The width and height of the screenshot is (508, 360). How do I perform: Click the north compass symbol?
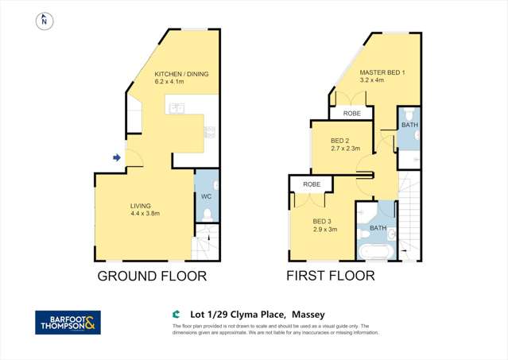click(x=45, y=21)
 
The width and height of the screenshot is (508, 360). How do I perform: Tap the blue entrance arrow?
click(x=117, y=158)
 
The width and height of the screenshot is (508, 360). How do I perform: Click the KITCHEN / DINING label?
click(x=182, y=74)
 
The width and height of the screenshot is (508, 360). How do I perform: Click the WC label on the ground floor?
click(x=205, y=195)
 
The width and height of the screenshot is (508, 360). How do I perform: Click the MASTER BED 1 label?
click(x=382, y=72)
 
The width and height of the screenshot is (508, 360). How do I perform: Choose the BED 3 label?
click(x=322, y=221)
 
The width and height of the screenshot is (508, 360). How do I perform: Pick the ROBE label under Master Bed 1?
click(x=351, y=114)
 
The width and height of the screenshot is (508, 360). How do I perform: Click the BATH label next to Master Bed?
click(x=409, y=125)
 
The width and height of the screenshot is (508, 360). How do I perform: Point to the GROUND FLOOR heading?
click(x=152, y=277)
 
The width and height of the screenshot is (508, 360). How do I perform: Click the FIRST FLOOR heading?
click(x=331, y=277)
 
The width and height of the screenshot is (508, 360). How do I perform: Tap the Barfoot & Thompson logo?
click(x=68, y=322)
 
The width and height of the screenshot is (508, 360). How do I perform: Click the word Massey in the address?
click(x=308, y=314)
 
